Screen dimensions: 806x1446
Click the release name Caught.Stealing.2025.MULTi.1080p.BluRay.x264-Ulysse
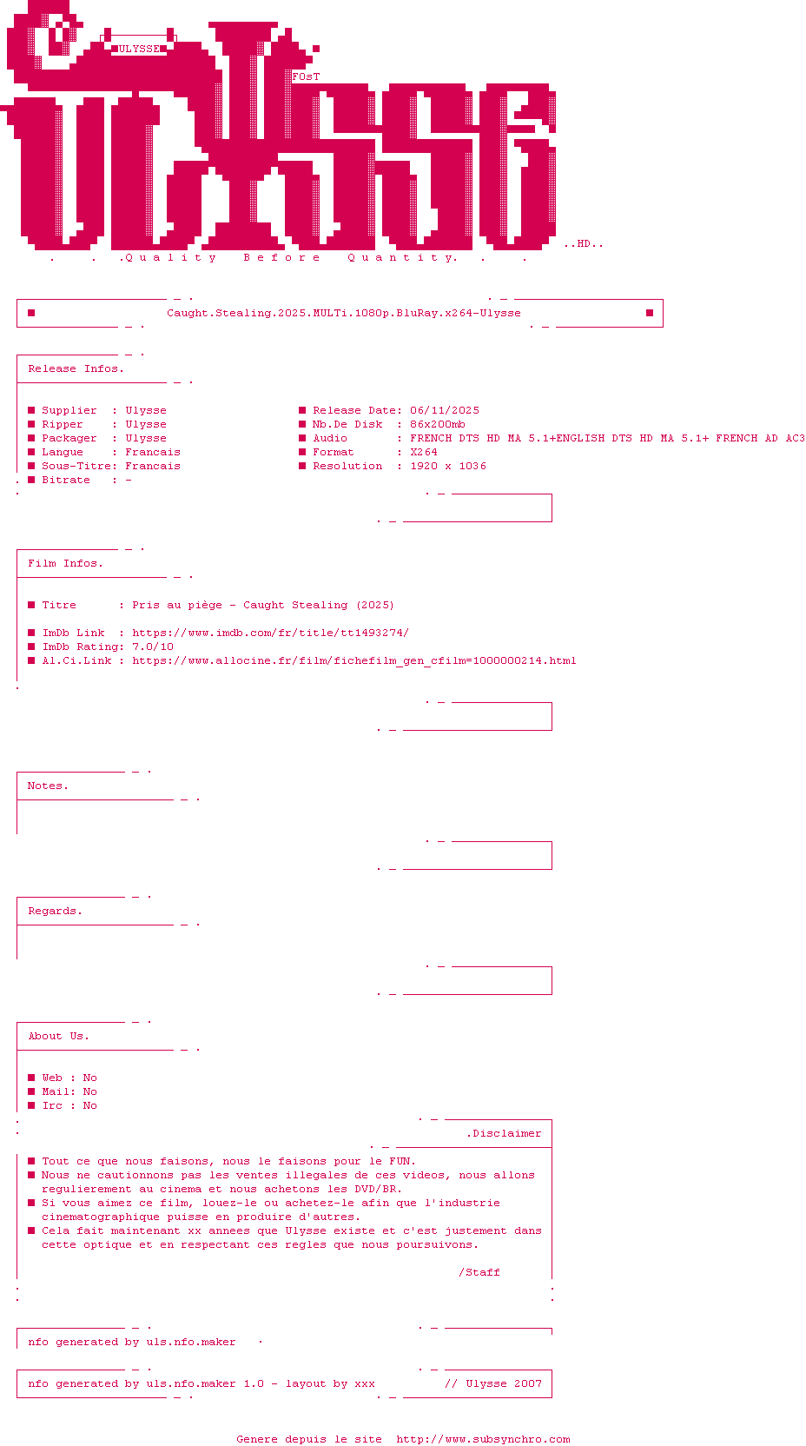pos(344,313)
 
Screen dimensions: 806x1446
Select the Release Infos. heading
pos(76,368)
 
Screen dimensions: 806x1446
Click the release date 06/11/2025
pos(445,410)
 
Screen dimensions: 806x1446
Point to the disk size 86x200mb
pos(438,424)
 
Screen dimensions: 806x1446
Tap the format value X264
pos(424,452)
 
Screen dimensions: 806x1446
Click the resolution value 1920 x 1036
pos(448,466)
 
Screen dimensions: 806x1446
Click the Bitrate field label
pos(66,480)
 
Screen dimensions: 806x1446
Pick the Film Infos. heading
pos(65,563)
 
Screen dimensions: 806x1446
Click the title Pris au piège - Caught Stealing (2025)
pos(263,605)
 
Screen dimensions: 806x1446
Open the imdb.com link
pos(270,633)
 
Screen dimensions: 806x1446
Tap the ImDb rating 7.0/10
pos(153,647)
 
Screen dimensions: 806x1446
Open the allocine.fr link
pos(354,660)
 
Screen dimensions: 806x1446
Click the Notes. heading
pos(48,786)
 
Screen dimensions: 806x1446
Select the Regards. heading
pos(55,911)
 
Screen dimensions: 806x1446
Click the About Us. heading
pos(58,1036)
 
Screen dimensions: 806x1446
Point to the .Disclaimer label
pos(504,1133)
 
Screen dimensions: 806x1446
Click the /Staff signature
pos(479,1272)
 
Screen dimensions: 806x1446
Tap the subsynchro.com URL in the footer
pos(483,1439)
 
